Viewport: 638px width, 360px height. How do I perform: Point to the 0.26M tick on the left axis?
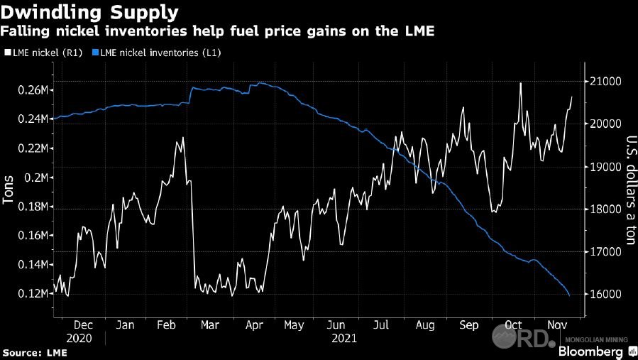pyautogui.click(x=33, y=90)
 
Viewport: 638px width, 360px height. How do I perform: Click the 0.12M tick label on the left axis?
pyautogui.click(x=33, y=293)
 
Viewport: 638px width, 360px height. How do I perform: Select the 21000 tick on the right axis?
pyautogui.click(x=601, y=82)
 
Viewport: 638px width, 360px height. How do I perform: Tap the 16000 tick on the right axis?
pyautogui.click(x=601, y=294)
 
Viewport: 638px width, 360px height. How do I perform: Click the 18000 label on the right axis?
pyautogui.click(x=601, y=209)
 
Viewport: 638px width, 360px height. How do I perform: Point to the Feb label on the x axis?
pyautogui.click(x=167, y=325)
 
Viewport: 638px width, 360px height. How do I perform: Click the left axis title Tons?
pyautogui.click(x=9, y=191)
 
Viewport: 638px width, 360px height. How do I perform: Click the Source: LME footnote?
pyautogui.click(x=31, y=352)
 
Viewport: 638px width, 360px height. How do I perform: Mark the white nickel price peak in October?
pyautogui.click(x=521, y=83)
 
